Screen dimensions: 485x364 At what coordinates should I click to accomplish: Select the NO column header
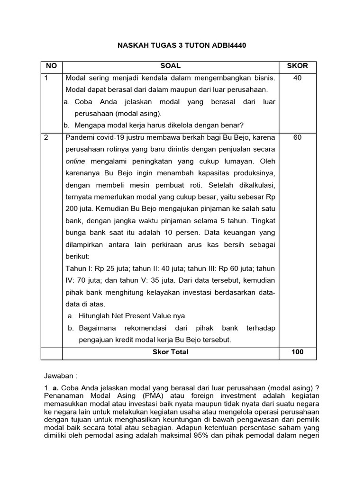pyautogui.click(x=49, y=66)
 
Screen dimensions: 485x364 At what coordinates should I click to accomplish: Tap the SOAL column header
pyautogui.click(x=170, y=66)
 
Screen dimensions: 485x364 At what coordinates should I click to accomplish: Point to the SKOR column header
pyautogui.click(x=297, y=66)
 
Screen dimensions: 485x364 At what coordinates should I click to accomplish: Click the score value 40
pyautogui.click(x=297, y=78)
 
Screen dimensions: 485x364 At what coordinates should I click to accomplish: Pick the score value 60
pyautogui.click(x=297, y=137)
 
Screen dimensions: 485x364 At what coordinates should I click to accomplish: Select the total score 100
pyautogui.click(x=297, y=352)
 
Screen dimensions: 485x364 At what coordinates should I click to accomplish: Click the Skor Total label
pyautogui.click(x=170, y=352)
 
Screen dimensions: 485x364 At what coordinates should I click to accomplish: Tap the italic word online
pyautogui.click(x=75, y=161)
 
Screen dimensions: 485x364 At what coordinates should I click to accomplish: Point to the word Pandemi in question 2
pyautogui.click(x=80, y=137)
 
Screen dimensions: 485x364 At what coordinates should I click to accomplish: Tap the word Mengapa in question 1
pyautogui.click(x=90, y=125)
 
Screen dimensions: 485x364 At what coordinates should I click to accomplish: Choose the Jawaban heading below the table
pyautogui.click(x=60, y=376)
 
